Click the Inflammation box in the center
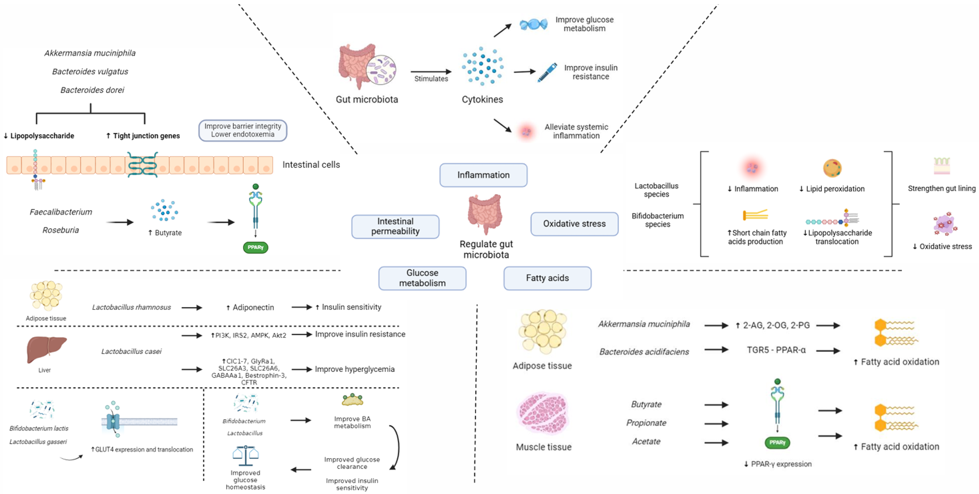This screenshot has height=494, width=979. (483, 175)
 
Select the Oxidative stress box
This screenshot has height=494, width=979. (574, 224)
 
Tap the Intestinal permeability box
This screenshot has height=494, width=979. (395, 227)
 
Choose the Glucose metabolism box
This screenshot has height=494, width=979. (422, 278)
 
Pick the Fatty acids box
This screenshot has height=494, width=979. (547, 278)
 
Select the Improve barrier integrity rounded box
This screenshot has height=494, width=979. (243, 130)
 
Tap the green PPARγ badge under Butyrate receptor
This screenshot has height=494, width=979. (255, 247)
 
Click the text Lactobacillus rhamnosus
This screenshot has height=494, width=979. (131, 307)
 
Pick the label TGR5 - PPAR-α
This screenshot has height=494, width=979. (776, 350)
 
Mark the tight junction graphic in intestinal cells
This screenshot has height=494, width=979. (142, 165)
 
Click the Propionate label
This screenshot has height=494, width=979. (646, 423)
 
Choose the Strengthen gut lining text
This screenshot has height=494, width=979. (941, 189)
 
